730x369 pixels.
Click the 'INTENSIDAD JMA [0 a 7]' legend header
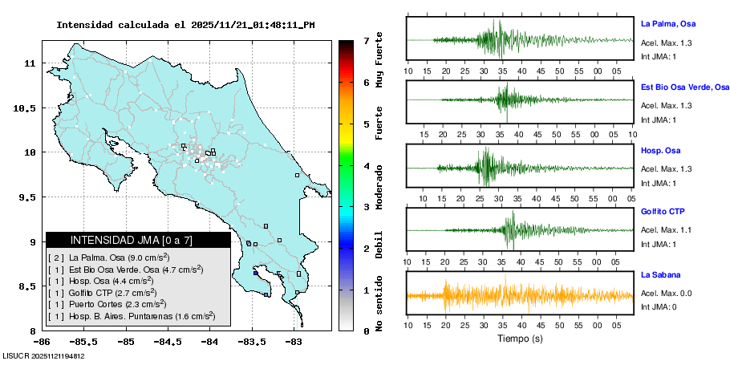pyautogui.click(x=132, y=240)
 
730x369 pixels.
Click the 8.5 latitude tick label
pyautogui.click(x=27, y=286)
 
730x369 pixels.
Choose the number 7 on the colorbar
pyautogui.click(x=366, y=40)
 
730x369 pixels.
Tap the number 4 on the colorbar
pyautogui.click(x=366, y=165)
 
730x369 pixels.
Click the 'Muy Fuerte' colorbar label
pyautogui.click(x=379, y=61)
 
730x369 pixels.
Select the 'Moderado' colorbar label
pyautogui.click(x=379, y=186)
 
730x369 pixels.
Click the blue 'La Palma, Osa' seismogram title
pyautogui.click(x=670, y=23)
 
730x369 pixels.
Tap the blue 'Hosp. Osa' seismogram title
pyautogui.click(x=661, y=150)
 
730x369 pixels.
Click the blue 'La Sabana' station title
pyautogui.click(x=661, y=275)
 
